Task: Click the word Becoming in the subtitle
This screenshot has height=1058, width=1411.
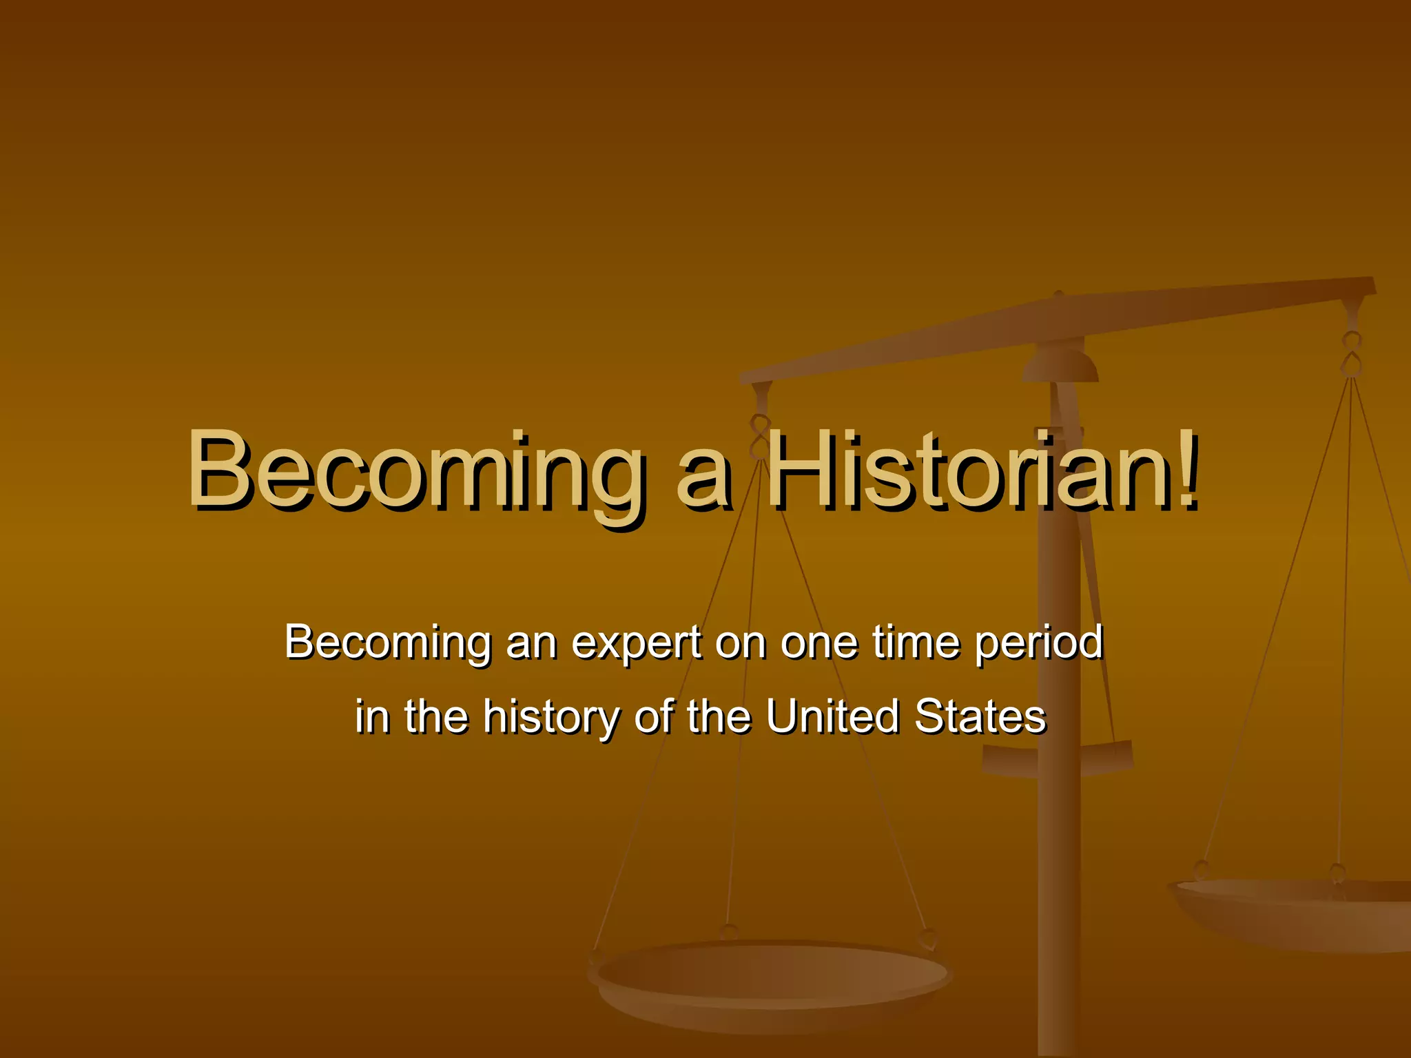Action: click(x=387, y=643)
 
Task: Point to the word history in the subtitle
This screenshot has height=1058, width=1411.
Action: click(x=551, y=717)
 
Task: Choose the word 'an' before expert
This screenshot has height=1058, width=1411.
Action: click(x=531, y=643)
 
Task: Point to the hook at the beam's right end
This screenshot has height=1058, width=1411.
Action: click(x=1352, y=354)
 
